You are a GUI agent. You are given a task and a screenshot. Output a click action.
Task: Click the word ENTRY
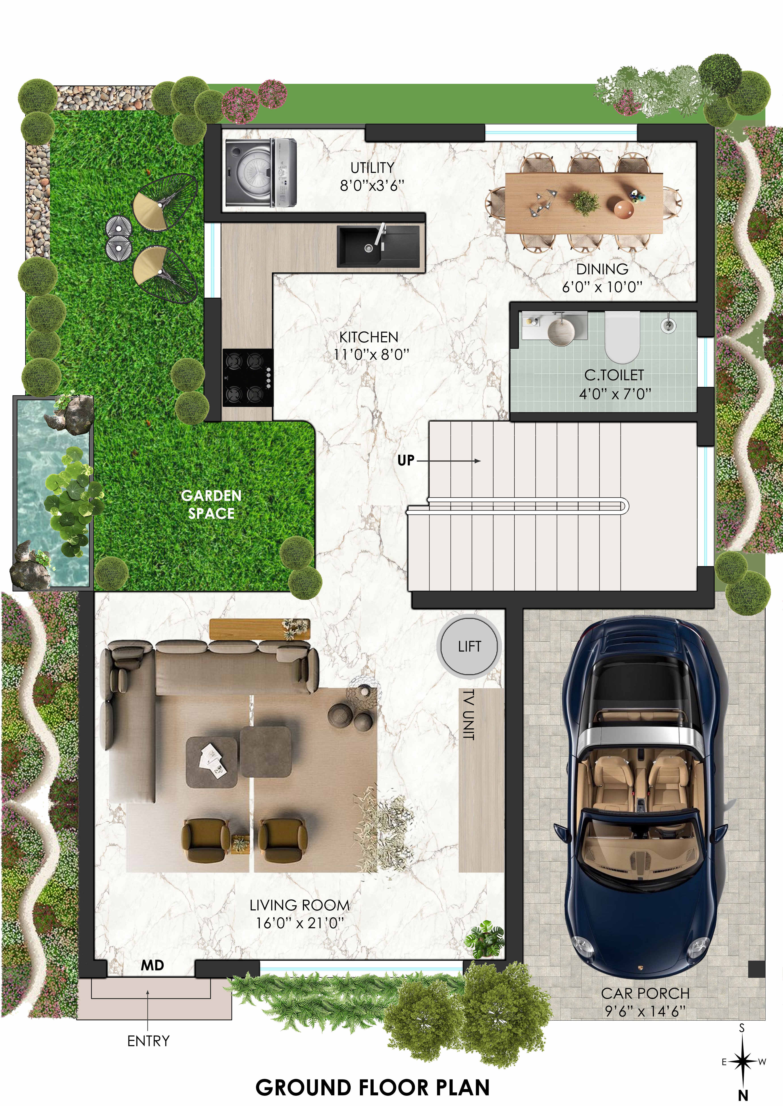click(x=148, y=1041)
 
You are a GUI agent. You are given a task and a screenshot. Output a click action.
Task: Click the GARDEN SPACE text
click(x=211, y=504)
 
